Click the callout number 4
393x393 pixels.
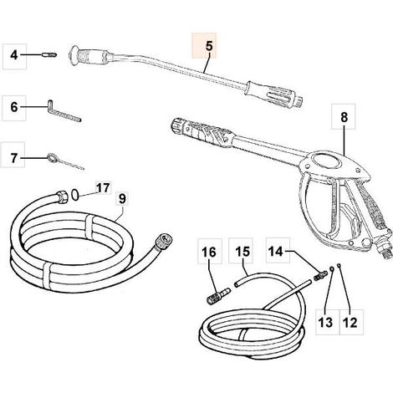(x=14, y=55)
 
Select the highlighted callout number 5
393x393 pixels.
(x=209, y=46)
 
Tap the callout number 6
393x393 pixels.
(x=14, y=107)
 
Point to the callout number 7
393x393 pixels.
(x=14, y=158)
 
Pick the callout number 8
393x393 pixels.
(x=345, y=117)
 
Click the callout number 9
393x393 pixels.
(x=122, y=199)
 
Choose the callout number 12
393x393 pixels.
(x=350, y=323)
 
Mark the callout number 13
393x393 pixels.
(x=325, y=323)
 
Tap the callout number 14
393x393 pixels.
(x=276, y=251)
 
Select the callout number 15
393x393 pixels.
(x=242, y=251)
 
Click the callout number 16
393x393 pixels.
(x=209, y=253)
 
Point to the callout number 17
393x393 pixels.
(x=103, y=188)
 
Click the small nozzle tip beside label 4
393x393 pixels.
(x=49, y=55)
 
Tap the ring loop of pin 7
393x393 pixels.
(x=51, y=157)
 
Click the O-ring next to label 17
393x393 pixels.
(x=74, y=195)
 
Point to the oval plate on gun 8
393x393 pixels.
(x=325, y=162)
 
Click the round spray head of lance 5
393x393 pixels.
(x=74, y=56)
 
